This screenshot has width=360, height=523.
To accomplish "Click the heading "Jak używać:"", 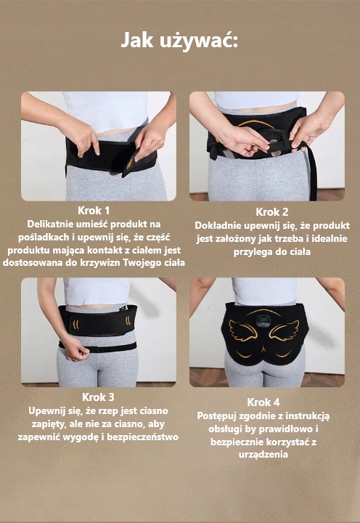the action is (179, 41).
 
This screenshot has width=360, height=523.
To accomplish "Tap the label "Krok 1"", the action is (94, 211).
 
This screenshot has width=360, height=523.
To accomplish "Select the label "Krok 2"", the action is (272, 212).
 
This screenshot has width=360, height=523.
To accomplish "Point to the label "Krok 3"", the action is (98, 397).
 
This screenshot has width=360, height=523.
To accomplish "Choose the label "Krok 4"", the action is (263, 402).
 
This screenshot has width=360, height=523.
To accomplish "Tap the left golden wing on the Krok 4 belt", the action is (243, 330).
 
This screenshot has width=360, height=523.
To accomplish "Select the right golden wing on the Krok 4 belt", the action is (284, 331).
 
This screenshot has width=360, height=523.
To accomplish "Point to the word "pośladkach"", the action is (44, 238).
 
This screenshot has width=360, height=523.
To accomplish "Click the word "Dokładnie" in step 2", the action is (218, 225).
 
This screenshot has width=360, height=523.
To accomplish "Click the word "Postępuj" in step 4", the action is (217, 416).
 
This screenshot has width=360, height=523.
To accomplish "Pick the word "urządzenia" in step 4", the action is (263, 455).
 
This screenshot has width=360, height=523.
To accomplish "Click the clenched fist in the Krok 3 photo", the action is (78, 352).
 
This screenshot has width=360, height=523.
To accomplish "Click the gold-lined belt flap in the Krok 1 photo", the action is (131, 163).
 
